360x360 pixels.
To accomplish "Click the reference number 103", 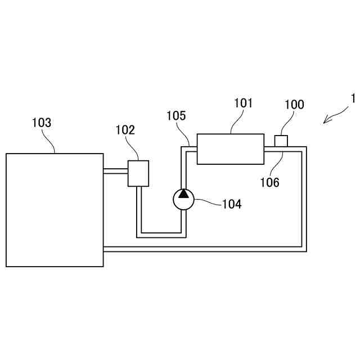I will coord(42,122).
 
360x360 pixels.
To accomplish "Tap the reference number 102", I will coord(125,130).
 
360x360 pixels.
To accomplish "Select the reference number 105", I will coord(176,115).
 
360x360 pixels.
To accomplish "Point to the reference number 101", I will coord(243,103).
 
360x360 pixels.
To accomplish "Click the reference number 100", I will coord(294,104).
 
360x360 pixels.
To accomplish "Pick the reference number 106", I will coord(269,182).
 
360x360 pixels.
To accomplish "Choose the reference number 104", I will coord(232,204).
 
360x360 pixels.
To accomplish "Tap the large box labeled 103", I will coord(55,210).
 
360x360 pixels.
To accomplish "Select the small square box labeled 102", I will coord(138,173).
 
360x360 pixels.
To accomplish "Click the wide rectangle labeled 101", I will coord(230,148).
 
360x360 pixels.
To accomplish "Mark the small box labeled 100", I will coord(281,141).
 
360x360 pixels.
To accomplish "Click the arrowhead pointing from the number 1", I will coord(326,120).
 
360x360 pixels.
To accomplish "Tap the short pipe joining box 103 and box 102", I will coord(116,170).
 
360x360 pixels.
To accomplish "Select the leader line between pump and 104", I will coord(208,202).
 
